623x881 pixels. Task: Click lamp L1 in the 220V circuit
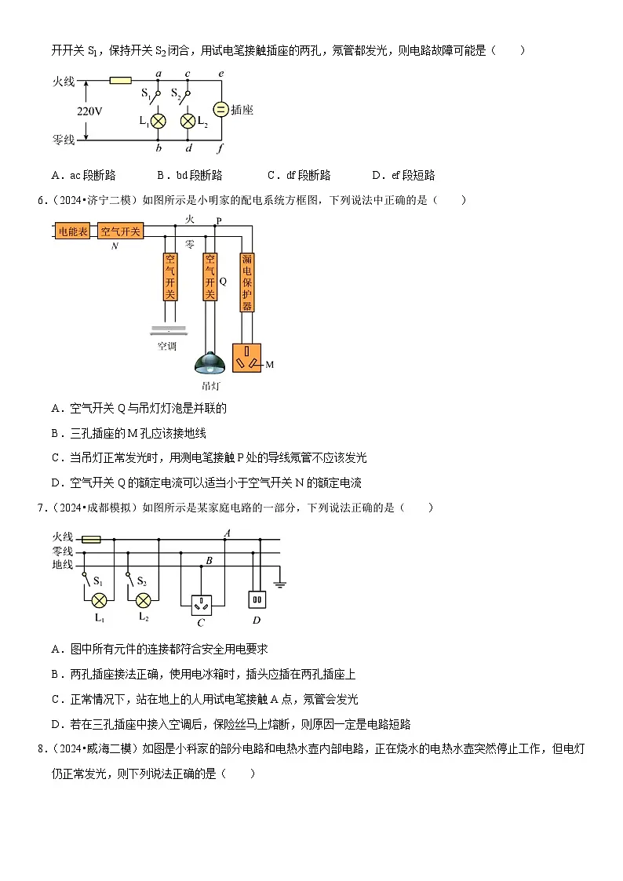(x=158, y=121)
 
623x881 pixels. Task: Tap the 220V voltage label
(x=89, y=111)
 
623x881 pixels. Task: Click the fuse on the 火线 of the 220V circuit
(x=120, y=80)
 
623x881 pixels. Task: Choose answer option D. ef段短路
(x=403, y=175)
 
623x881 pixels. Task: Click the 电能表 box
(x=74, y=231)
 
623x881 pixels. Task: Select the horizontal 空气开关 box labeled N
(x=120, y=231)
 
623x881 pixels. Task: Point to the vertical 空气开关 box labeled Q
(x=209, y=277)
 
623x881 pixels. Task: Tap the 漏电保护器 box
(x=247, y=282)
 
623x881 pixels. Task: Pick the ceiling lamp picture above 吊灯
(x=209, y=364)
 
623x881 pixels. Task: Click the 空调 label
(x=167, y=345)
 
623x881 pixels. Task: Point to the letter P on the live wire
(x=218, y=220)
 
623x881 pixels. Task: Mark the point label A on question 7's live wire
(x=227, y=533)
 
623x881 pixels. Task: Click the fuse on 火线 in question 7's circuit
(x=90, y=539)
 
